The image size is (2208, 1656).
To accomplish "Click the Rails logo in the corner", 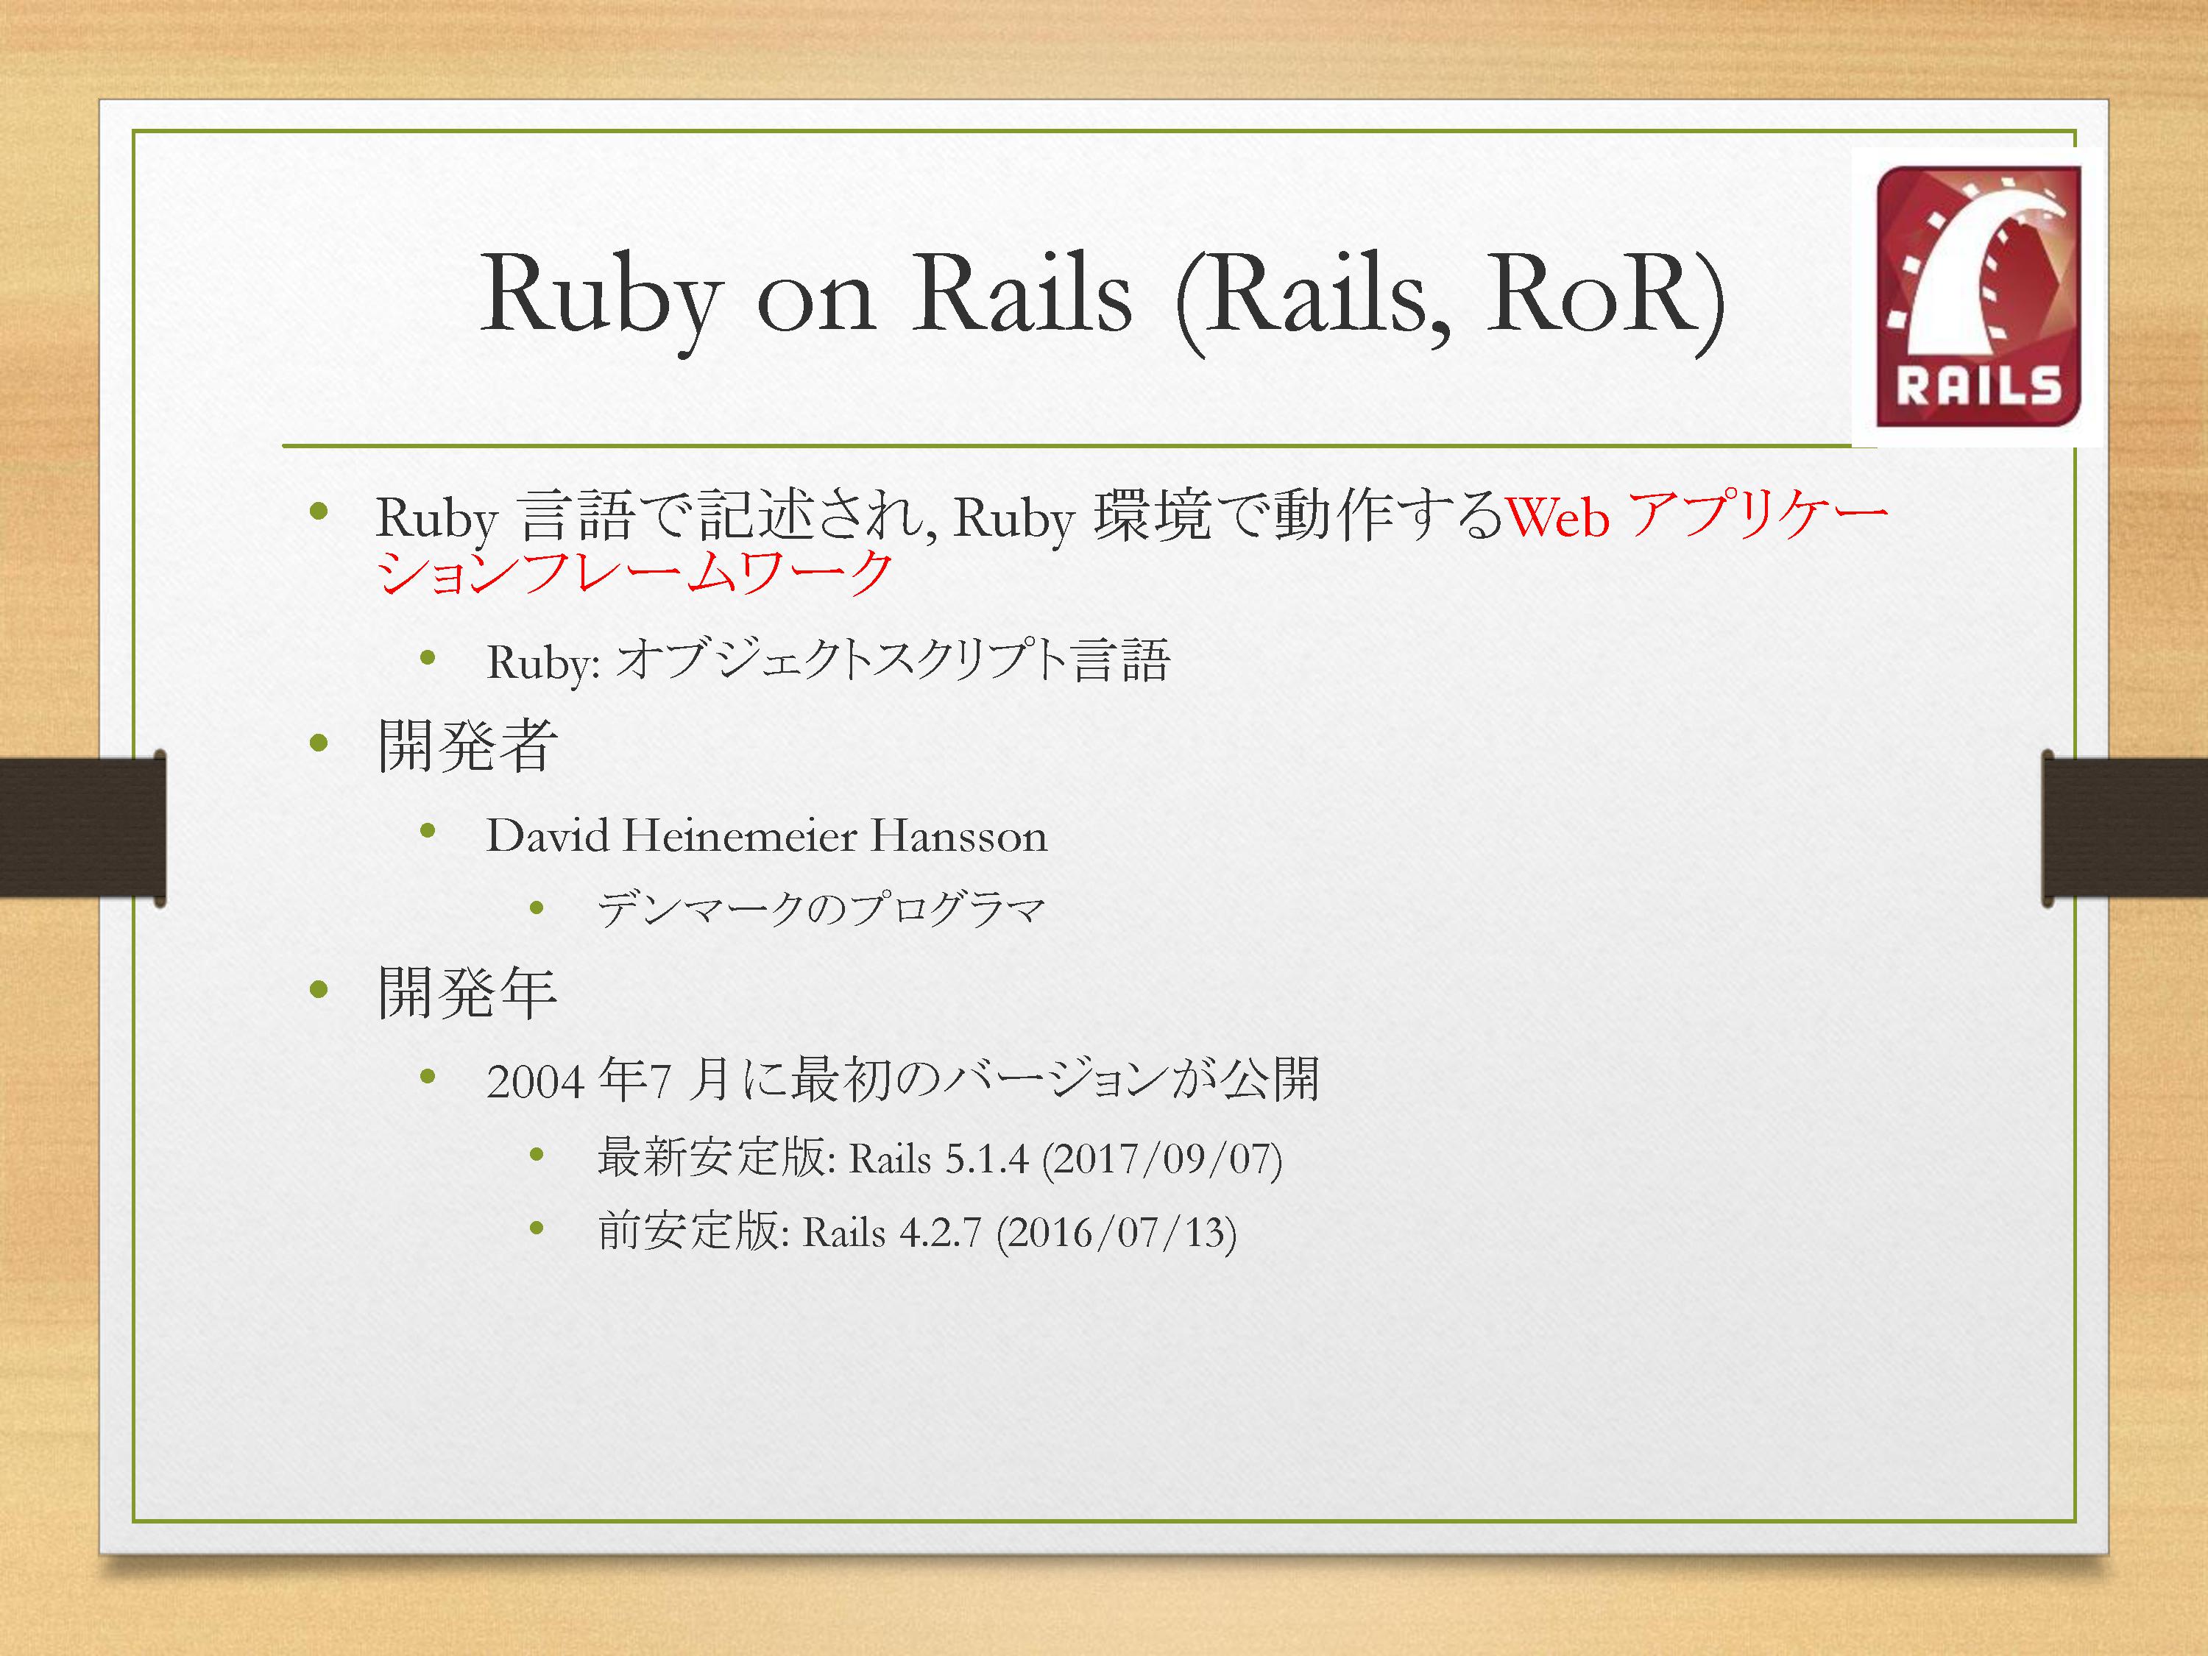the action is tap(1978, 297).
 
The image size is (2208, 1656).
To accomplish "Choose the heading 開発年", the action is tap(467, 992).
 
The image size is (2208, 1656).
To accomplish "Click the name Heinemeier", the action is tap(740, 835).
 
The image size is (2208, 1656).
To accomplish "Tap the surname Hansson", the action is tap(958, 835).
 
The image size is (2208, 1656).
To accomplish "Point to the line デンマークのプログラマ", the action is tap(821, 908).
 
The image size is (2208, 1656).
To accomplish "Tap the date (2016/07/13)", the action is tap(1116, 1234).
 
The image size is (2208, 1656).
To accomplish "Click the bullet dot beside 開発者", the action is tap(319, 743).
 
